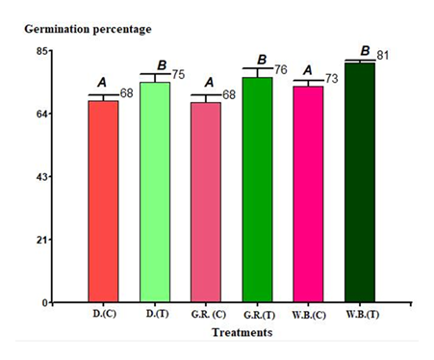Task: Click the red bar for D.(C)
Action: pyautogui.click(x=103, y=201)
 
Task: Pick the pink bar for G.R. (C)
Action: pyautogui.click(x=206, y=201)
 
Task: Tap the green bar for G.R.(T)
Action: pyautogui.click(x=257, y=190)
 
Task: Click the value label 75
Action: pyautogui.click(x=178, y=74)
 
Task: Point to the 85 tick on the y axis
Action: pyautogui.click(x=43, y=51)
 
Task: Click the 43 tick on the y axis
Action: pyautogui.click(x=43, y=177)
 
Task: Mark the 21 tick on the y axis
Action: pyautogui.click(x=43, y=240)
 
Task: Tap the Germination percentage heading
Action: pyautogui.click(x=88, y=29)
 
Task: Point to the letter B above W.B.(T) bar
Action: pyautogui.click(x=365, y=50)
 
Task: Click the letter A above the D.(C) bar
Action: pyautogui.click(x=102, y=83)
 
